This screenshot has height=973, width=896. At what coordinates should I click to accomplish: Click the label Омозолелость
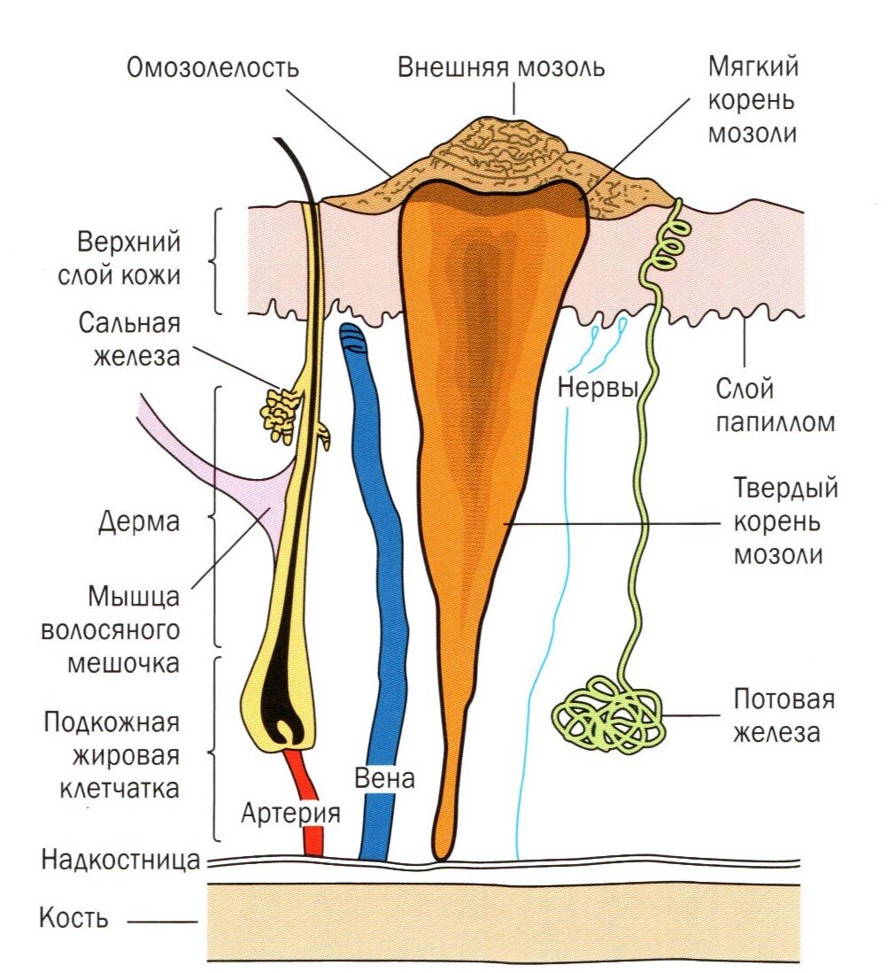(x=212, y=68)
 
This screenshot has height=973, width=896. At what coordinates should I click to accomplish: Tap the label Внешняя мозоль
(x=501, y=67)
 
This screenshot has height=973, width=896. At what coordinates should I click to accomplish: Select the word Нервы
(x=599, y=387)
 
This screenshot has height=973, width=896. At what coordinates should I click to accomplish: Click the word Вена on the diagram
(x=383, y=780)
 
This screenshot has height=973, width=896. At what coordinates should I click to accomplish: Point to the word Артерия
(x=290, y=813)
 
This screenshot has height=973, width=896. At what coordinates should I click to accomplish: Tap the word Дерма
(x=140, y=521)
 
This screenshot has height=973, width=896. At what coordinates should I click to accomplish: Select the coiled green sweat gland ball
(x=608, y=713)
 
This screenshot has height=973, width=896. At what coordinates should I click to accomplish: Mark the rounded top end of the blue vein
(x=352, y=333)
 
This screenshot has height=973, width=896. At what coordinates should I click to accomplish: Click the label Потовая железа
(x=784, y=715)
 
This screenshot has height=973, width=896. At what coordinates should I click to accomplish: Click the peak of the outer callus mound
(x=514, y=120)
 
